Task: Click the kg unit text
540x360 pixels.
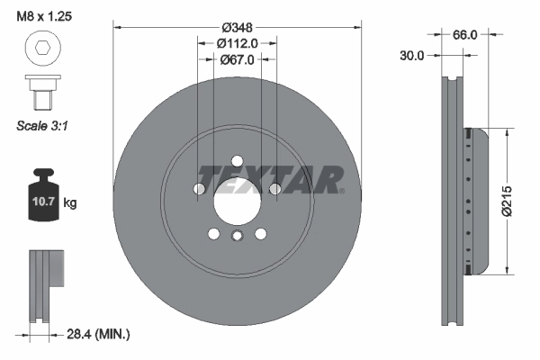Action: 70,202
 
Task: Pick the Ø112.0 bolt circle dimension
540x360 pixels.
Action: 237,42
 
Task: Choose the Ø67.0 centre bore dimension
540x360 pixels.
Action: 237,59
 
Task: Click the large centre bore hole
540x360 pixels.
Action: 237,200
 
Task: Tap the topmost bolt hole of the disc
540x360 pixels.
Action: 237,161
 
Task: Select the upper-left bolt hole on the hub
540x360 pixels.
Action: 199,189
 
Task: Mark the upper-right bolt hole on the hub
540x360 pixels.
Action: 274,189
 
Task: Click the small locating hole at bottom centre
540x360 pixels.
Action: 237,237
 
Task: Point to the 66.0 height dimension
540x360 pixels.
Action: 464,35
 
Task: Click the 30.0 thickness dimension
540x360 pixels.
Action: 413,55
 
